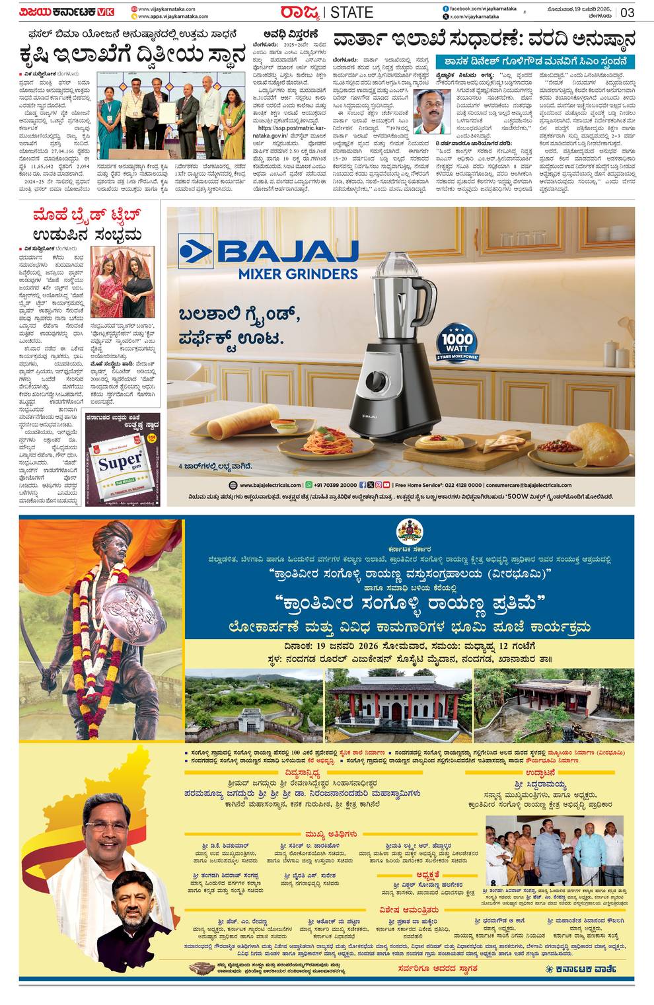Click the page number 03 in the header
(627, 13)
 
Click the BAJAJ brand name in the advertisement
(285, 252)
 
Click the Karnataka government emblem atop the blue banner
(410, 531)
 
